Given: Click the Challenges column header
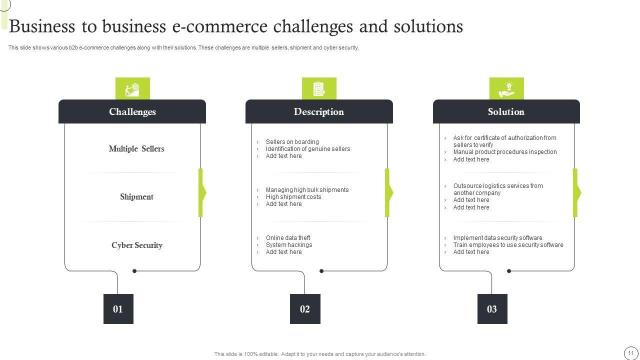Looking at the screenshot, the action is tap(132, 111).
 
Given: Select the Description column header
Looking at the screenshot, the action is tap(319, 111).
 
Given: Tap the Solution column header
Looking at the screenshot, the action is tap(506, 111).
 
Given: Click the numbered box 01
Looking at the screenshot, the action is tap(118, 309).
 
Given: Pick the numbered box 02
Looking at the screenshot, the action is tap(305, 309).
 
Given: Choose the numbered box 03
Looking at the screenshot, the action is tap(492, 309).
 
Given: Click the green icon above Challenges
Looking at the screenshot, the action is tap(132, 89).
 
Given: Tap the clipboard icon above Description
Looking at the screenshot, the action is tap(319, 89).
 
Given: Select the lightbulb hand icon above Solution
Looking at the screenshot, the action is tap(506, 89).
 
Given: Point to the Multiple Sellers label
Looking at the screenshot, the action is tap(136, 148).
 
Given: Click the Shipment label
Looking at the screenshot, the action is tap(136, 196).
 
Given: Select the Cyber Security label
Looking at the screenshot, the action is tap(136, 245).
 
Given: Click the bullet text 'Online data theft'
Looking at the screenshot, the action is tap(288, 238).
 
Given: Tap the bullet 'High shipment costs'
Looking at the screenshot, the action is tap(293, 197).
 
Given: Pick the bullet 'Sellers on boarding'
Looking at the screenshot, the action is tap(292, 142).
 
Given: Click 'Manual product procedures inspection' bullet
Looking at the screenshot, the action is tap(505, 152).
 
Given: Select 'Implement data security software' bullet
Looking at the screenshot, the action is tap(497, 238).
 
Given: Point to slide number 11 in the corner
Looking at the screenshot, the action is tap(631, 352).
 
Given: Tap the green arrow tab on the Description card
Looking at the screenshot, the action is tap(388, 192).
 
